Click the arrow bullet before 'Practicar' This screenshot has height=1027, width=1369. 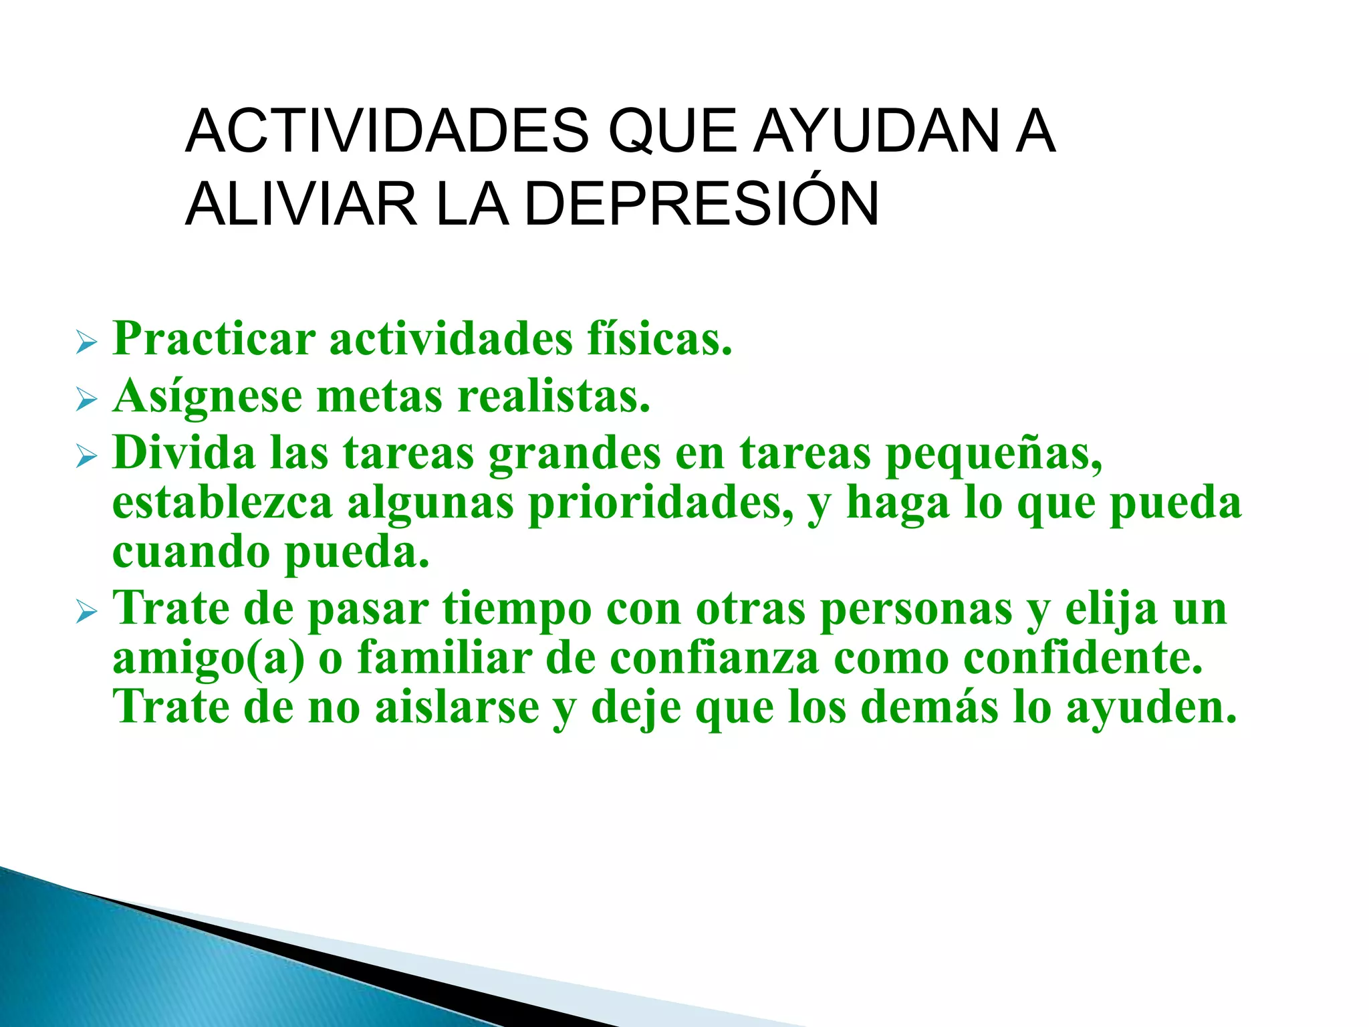click(86, 344)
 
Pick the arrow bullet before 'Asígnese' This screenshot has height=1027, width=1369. click(86, 401)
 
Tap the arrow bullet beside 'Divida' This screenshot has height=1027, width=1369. click(86, 457)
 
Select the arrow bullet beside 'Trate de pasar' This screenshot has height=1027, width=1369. click(86, 612)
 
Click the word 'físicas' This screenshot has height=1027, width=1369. click(659, 339)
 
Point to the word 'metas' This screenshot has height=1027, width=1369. click(379, 396)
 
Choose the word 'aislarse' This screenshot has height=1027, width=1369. click(457, 707)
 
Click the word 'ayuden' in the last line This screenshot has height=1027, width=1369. click(1150, 707)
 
